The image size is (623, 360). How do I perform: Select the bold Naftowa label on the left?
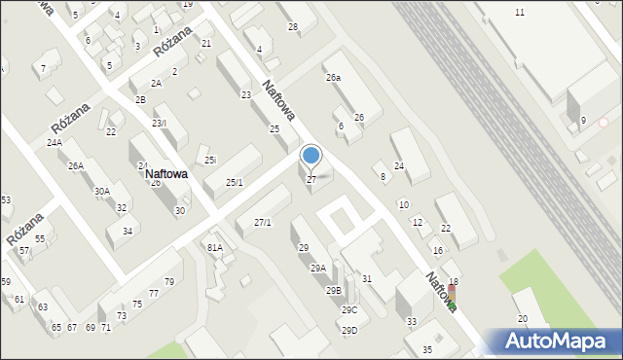[165, 173]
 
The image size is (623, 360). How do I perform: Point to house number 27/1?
[263, 223]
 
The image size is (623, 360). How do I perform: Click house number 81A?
[215, 247]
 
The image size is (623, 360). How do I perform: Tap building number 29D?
[348, 330]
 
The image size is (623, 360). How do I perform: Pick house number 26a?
[333, 77]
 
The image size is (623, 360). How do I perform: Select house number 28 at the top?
[293, 26]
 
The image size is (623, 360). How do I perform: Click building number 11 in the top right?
[520, 12]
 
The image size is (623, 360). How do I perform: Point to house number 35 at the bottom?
[426, 349]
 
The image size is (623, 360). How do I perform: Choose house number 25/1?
[234, 182]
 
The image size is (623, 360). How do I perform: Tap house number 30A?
[101, 192]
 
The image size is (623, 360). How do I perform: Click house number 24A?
[54, 142]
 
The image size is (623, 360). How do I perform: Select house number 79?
[168, 282]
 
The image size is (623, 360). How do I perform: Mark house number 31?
[367, 279]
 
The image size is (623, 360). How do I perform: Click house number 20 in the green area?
[522, 319]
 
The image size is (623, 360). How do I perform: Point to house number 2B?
[140, 100]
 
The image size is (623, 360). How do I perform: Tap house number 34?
[128, 231]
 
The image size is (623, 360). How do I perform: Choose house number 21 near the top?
[206, 44]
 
